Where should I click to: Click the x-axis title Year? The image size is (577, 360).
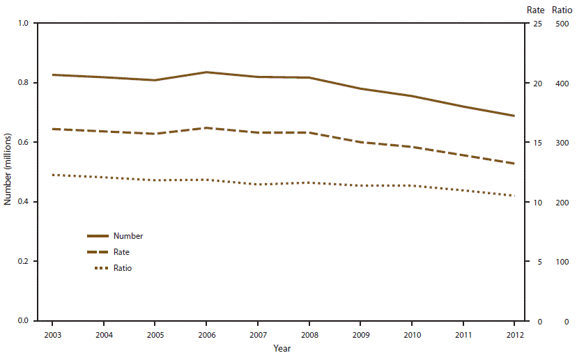[x=282, y=348]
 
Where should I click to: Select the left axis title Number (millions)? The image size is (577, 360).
[x=8, y=172]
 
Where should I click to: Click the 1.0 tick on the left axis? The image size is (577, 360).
[x=23, y=24]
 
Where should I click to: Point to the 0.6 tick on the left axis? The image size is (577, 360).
[x=23, y=143]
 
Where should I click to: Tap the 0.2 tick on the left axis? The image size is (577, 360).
[x=23, y=262]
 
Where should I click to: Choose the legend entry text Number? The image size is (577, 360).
[x=128, y=236]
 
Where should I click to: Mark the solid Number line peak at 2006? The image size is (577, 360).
[x=206, y=72]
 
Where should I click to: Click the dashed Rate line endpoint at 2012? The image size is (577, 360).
[x=514, y=164]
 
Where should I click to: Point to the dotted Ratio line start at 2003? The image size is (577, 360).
[x=52, y=175]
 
